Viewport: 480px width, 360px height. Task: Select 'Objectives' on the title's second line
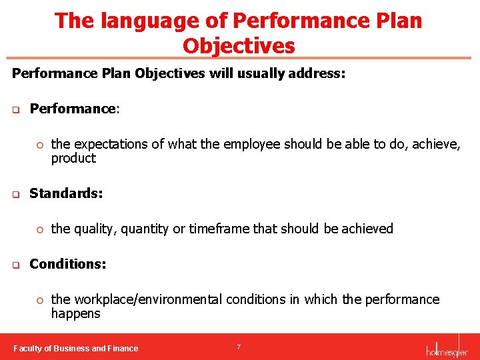[x=239, y=46]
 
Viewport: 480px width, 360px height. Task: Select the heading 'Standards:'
[x=66, y=194]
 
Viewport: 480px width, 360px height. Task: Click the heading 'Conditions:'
[x=67, y=264]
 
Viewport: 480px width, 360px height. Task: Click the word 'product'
[x=73, y=159]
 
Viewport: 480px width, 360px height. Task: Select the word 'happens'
[x=75, y=314]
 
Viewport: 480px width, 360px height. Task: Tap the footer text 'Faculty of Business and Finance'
[x=76, y=348]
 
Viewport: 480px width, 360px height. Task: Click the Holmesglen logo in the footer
[x=447, y=347]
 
